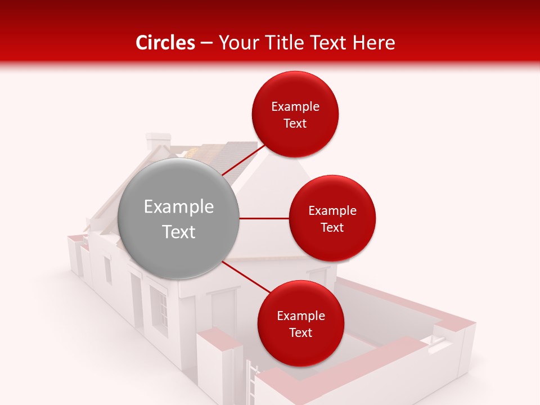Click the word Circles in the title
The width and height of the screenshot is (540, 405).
(165, 43)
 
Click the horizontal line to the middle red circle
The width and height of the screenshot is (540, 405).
(264, 218)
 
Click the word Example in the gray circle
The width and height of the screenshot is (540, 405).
(179, 207)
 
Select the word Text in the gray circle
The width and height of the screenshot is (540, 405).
(179, 232)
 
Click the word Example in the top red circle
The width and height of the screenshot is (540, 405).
(295, 106)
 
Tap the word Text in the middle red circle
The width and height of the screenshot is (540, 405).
(332, 227)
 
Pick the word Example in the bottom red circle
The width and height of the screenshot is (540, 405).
(301, 316)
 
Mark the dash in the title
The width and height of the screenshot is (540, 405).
(206, 43)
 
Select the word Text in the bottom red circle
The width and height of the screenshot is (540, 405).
(301, 332)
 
